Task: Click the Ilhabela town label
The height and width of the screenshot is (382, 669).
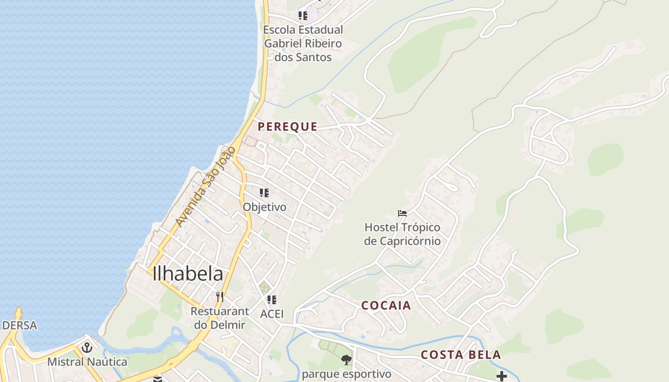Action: [188, 274]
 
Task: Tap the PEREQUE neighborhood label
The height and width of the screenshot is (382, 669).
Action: [288, 127]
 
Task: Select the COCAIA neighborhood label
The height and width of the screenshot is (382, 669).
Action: [386, 306]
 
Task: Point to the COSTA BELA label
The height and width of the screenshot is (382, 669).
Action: [461, 355]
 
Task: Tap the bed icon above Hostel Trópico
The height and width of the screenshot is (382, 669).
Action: [402, 213]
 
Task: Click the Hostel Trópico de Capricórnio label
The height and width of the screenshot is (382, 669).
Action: [402, 234]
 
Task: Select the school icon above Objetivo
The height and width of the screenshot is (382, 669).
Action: [264, 193]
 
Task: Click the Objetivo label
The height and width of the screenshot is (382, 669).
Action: [265, 207]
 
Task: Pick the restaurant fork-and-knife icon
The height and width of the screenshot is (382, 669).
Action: [220, 297]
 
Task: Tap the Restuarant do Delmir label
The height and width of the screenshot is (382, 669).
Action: [220, 318]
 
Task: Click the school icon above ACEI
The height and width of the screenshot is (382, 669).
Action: [272, 300]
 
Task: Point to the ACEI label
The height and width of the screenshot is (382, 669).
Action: [272, 314]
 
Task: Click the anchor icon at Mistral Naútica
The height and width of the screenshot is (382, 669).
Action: [87, 348]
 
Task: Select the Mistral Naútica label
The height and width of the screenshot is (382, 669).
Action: [87, 361]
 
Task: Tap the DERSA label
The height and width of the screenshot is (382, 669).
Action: [20, 325]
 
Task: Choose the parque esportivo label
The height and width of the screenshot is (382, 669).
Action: [346, 374]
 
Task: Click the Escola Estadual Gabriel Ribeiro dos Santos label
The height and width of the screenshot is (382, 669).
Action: [303, 43]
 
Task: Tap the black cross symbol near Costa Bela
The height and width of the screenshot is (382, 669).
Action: [501, 376]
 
